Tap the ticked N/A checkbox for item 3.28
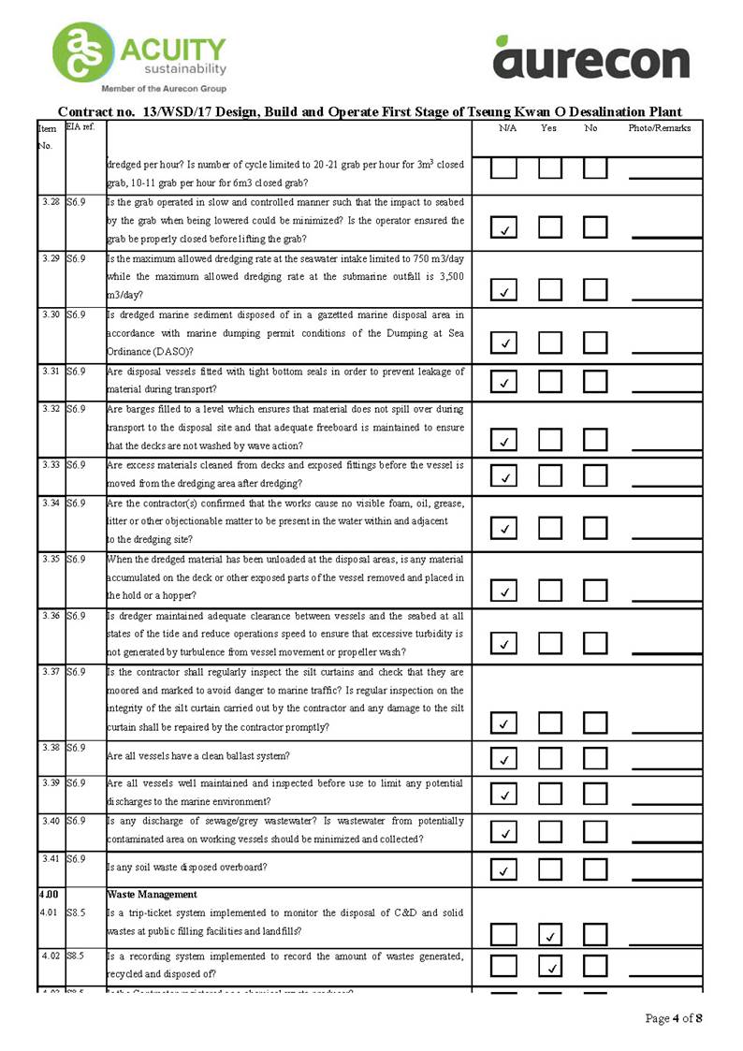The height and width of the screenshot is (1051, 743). pyautogui.click(x=503, y=229)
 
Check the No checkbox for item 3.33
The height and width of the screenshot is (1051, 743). pyautogui.click(x=595, y=477)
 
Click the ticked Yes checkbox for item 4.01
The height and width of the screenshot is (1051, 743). pyautogui.click(x=549, y=934)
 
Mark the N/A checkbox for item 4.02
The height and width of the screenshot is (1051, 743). pyautogui.click(x=503, y=966)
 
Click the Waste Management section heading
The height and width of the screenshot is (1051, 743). pyautogui.click(x=152, y=895)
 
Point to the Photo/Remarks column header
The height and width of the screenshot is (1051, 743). pyautogui.click(x=659, y=128)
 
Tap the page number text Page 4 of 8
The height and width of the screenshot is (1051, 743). pyautogui.click(x=674, y=1018)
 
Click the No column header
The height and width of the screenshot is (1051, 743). pyautogui.click(x=590, y=128)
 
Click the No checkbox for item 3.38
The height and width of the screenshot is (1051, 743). pyautogui.click(x=595, y=758)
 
